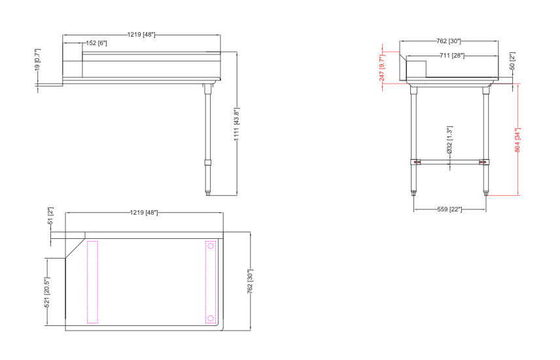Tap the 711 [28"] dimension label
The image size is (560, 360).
point(452,56)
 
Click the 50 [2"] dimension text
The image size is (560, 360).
point(512,62)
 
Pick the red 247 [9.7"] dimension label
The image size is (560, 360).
point(383,67)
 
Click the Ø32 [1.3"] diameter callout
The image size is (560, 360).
point(449,141)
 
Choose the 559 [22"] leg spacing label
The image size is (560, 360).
point(449,209)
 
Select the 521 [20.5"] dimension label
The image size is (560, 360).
point(47,292)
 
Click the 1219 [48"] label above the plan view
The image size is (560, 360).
point(145,213)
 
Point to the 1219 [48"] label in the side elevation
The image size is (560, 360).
point(141,34)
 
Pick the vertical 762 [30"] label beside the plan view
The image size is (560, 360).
point(251,281)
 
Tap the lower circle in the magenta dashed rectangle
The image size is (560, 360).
point(211,319)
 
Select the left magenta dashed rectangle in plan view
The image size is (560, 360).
point(92,282)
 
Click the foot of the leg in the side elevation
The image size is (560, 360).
point(209,192)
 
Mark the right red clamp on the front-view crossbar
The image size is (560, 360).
point(483,162)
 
